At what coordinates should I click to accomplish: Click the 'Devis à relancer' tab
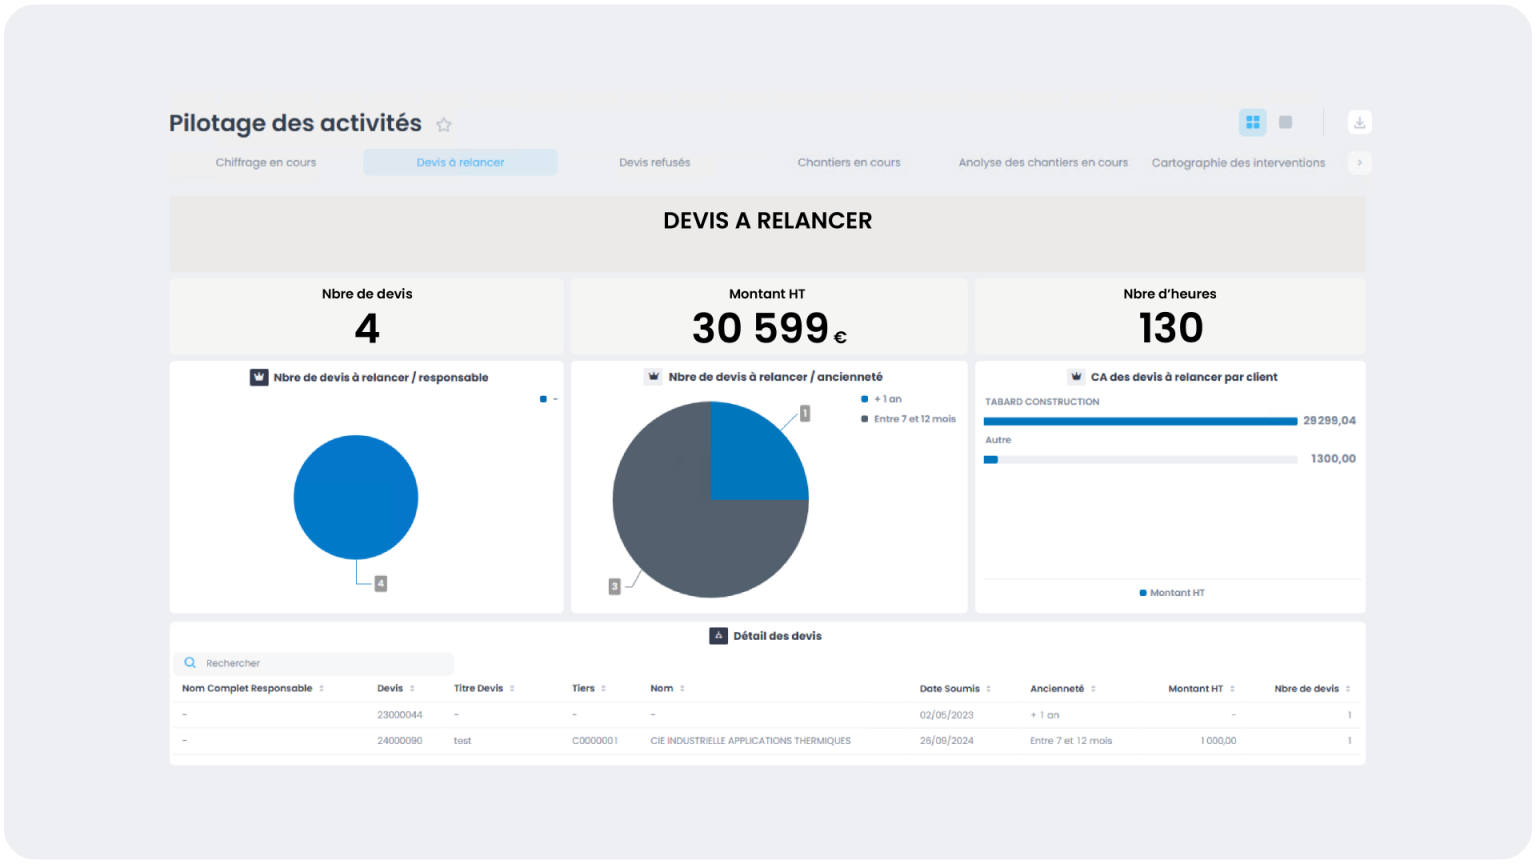point(460,162)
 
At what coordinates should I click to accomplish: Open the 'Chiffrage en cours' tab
point(265,162)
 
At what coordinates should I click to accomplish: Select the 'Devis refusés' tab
point(654,162)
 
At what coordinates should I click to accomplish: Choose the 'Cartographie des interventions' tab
point(1238,162)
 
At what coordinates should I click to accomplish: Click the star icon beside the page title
point(444,125)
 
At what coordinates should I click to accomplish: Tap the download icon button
point(1359,122)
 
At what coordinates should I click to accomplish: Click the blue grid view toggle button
point(1252,122)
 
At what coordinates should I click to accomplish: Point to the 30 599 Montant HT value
point(761,328)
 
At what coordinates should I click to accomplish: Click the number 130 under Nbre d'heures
point(1170,328)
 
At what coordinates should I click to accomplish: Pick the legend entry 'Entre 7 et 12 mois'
point(914,419)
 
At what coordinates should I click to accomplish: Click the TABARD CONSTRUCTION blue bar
point(1140,421)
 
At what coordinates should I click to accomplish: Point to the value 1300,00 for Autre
point(1333,459)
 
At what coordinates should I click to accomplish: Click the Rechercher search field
point(320,663)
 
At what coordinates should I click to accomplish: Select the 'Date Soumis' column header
point(949,689)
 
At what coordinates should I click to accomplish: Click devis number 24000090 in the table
point(399,741)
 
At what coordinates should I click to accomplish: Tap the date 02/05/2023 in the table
point(946,715)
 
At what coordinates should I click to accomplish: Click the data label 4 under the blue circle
point(380,583)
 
